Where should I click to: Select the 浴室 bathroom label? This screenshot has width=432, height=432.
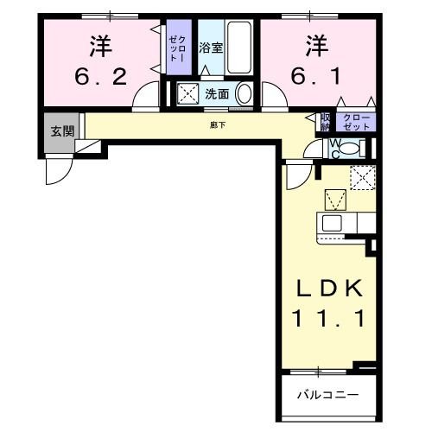[x=212, y=48]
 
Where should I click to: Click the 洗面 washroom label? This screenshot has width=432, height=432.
[x=217, y=93]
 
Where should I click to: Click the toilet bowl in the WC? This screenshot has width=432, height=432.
[x=346, y=149]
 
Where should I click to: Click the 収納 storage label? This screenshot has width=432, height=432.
[x=326, y=121]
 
